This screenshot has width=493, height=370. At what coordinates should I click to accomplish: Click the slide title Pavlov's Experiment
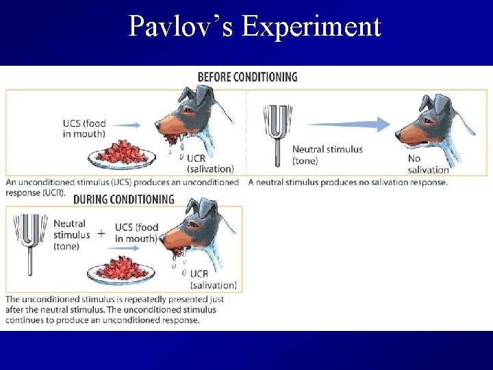pos(254,27)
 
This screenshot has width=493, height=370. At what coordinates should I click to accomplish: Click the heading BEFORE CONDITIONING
pos(247,76)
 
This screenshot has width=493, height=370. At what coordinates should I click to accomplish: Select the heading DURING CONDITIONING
pos(123,199)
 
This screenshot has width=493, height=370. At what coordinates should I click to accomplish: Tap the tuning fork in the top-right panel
pos(277,134)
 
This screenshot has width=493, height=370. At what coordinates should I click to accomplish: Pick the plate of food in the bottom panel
pos(121,268)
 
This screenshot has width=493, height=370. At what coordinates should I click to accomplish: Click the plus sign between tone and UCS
pos(101,233)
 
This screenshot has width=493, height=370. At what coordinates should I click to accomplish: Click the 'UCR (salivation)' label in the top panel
pos(210,163)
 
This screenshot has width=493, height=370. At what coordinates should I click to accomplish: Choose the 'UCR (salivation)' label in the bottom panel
pos(213,280)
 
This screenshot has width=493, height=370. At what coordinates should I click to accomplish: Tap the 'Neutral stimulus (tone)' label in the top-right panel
pos(327,155)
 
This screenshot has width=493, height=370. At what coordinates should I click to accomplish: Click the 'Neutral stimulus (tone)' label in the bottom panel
pos(71,234)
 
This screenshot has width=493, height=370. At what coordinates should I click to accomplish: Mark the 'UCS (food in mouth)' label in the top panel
pos(84,129)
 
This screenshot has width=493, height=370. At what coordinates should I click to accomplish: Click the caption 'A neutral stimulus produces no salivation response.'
pos(348,182)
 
